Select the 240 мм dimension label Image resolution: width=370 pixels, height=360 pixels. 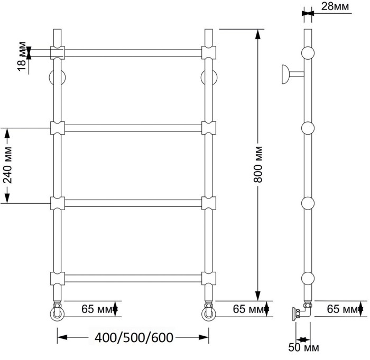pos(7,165)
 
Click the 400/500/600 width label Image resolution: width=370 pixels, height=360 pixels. pos(133,336)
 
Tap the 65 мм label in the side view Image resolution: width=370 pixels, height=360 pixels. pos(344,308)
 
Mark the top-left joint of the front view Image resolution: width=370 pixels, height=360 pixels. pos(58,52)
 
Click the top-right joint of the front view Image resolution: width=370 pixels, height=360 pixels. pos(209,52)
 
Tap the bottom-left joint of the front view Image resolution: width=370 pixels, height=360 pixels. pos(58,278)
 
